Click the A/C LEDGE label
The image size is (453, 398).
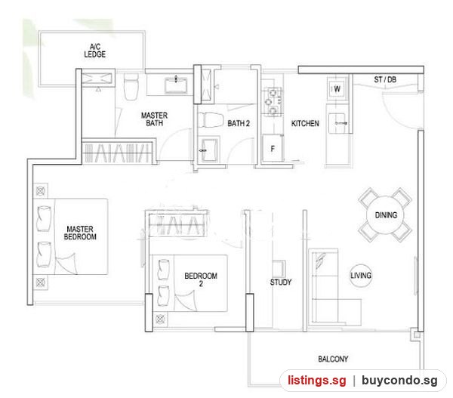[x=95, y=51]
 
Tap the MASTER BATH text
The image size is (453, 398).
[x=154, y=119]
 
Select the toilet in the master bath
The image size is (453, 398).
[x=131, y=86]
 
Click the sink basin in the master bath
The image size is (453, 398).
[x=176, y=85]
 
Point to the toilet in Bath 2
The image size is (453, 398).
[x=211, y=120]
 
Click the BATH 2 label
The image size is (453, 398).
[x=239, y=123]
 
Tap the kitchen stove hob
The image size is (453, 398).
[x=273, y=102]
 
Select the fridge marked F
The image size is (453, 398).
[x=273, y=149]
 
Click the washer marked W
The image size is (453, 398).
[x=337, y=89]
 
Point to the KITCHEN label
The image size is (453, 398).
[x=305, y=123]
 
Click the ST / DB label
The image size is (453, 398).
[x=385, y=79]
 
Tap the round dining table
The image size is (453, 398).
[x=385, y=214]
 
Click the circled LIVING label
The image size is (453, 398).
[x=361, y=276]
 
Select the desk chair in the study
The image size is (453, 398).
[x=279, y=268]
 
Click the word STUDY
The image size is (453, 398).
[x=281, y=282]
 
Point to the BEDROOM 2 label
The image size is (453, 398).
[x=201, y=279]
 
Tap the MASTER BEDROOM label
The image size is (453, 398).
[x=80, y=233]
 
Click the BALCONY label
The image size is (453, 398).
[x=333, y=359]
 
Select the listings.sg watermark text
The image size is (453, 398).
[x=316, y=380]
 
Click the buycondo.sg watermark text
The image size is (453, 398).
[x=399, y=380]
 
